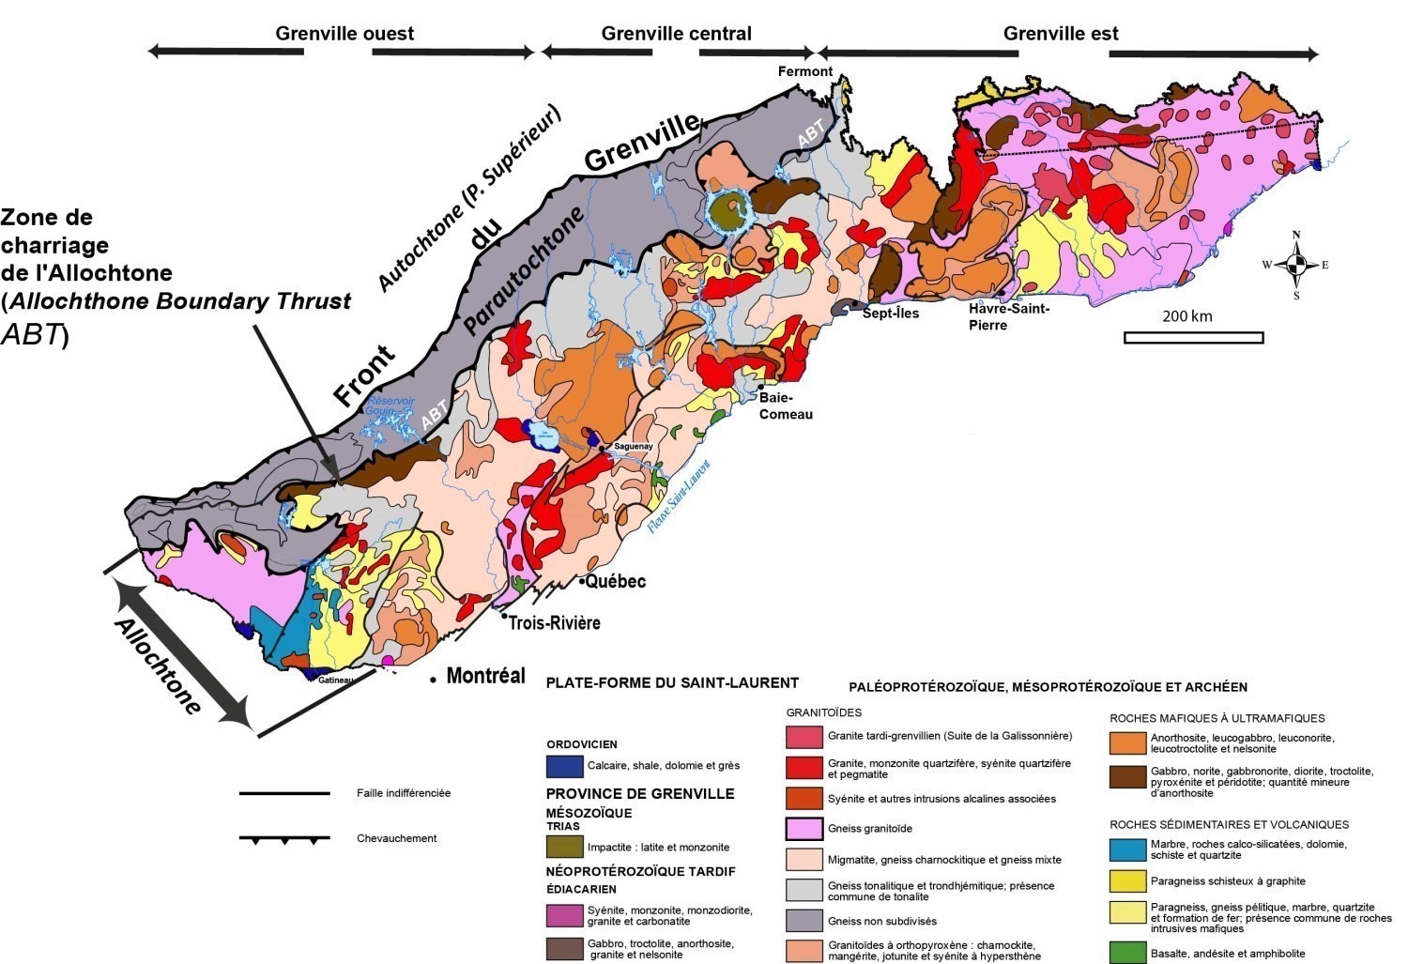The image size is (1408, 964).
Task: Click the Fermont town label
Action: [804, 71]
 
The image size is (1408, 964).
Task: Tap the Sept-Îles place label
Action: [891, 314]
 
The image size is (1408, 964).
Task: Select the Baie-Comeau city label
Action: [786, 406]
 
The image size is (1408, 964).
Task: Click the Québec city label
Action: [616, 582]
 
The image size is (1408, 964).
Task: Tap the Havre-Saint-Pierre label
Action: [1009, 316]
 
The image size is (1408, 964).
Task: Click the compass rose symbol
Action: [1295, 265]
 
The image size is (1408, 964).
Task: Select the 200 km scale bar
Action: [1193, 337]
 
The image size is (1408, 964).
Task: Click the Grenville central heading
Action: [676, 34]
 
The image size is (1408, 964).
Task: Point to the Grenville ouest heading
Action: [344, 34]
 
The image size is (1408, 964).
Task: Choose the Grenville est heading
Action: [1061, 34]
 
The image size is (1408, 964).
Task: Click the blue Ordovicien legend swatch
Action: [564, 766]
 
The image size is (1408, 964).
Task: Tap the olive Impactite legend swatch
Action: [564, 847]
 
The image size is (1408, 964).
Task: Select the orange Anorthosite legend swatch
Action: [1127, 742]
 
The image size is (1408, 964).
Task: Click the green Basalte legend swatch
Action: [1127, 953]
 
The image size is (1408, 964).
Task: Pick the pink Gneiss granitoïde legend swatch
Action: [803, 829]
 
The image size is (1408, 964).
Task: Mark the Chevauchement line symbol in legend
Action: [284, 839]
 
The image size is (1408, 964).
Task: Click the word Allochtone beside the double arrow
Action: [159, 666]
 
